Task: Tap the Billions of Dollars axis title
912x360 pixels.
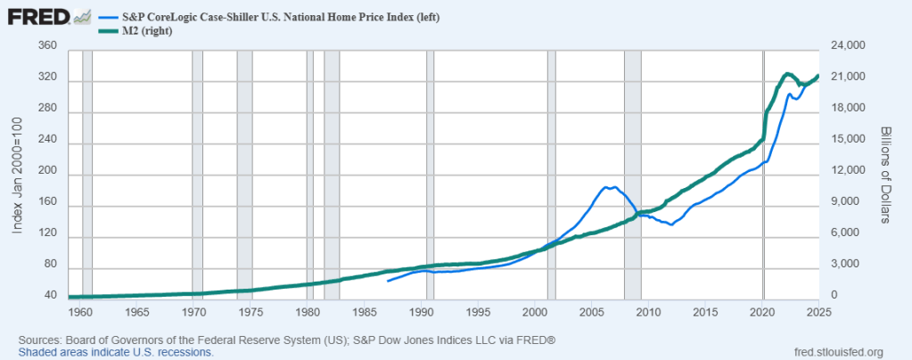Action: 885,173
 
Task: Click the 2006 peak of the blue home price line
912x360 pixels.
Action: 608,187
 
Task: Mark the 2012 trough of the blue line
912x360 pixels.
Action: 671,225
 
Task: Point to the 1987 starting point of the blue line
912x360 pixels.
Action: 388,282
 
